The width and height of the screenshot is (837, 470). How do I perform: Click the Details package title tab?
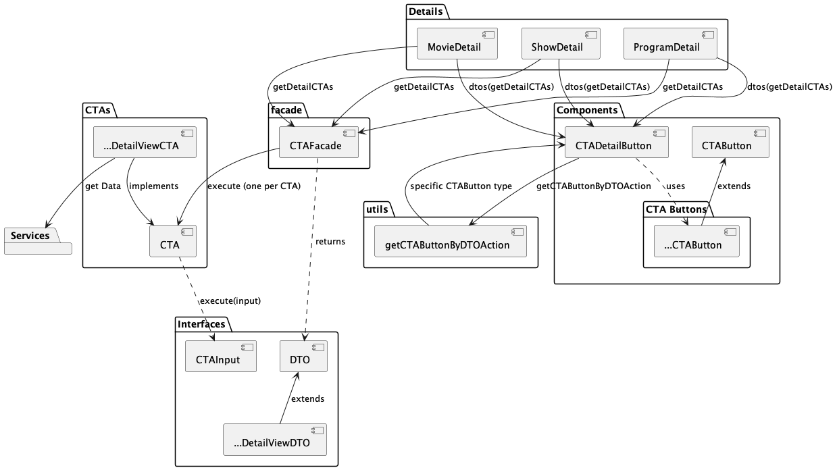pos(426,11)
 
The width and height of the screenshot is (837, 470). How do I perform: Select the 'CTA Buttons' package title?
pos(676,209)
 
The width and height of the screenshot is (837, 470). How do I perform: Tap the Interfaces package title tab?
pos(202,324)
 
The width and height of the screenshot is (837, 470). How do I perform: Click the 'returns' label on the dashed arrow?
pos(330,241)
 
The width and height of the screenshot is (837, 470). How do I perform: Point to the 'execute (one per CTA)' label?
pos(253,186)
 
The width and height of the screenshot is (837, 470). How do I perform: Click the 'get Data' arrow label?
pos(102,186)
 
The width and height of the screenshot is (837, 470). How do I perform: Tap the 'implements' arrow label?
pos(153,186)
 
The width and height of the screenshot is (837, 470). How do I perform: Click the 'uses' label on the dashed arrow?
pos(675,186)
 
